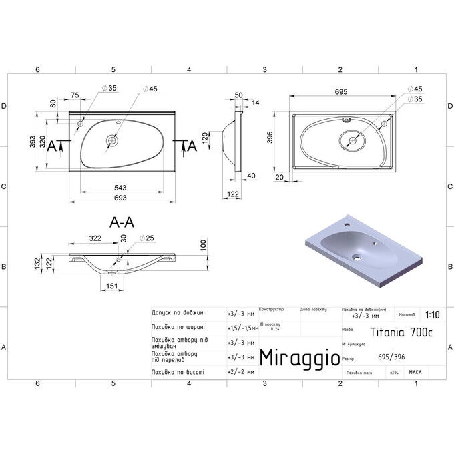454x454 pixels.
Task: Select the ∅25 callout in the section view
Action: click(x=146, y=238)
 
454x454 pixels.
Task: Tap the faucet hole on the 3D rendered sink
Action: click(x=347, y=225)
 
